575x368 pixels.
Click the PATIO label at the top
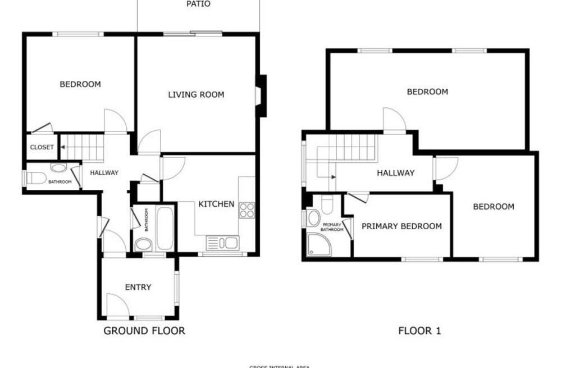198,4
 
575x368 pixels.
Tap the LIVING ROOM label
196,94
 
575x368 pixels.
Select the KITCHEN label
216,204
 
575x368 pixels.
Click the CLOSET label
42,147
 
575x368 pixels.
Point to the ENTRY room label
138,287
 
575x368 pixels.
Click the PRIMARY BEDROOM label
401,226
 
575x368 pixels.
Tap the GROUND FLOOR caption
144,330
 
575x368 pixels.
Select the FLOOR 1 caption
419,330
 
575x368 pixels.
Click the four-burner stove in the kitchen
247,210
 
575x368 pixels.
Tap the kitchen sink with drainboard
222,243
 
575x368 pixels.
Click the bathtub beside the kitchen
165,229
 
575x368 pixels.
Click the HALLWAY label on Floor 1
395,173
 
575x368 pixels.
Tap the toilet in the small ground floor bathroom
36,179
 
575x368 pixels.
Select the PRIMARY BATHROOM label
332,227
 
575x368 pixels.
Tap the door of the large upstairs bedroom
394,119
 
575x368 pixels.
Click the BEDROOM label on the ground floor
80,84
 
